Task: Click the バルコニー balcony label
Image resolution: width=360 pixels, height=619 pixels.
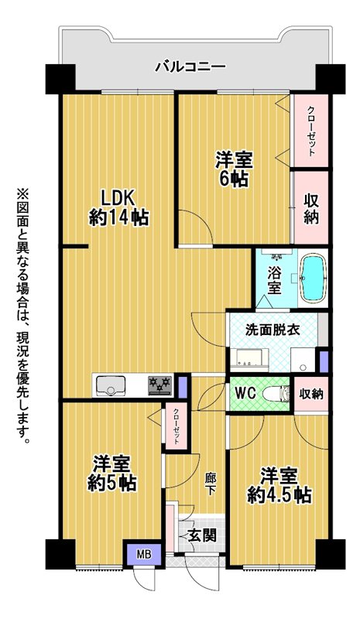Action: [190, 66]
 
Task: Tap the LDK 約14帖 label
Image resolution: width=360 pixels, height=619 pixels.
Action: [118, 207]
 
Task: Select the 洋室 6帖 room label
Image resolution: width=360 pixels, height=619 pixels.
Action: [234, 169]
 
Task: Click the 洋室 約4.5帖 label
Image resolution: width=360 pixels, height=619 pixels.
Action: [279, 486]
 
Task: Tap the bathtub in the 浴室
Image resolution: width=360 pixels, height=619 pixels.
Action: [314, 279]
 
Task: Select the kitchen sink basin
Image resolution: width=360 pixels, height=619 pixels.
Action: [111, 385]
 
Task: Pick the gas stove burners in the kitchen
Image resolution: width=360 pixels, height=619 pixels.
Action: [160, 385]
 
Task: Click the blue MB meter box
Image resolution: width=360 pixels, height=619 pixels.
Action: [144, 555]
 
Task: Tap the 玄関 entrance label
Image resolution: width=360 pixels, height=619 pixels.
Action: [202, 535]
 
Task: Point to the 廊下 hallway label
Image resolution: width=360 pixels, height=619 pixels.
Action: [210, 484]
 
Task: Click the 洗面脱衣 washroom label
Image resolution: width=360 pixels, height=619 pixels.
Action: [272, 330]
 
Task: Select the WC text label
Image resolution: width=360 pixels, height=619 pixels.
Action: [246, 393]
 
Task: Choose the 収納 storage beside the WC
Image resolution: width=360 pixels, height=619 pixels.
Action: [311, 394]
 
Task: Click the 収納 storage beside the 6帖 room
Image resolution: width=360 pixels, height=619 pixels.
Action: [312, 210]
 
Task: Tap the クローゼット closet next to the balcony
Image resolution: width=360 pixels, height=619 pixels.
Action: [311, 131]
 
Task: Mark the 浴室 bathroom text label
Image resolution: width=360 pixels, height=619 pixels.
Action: [275, 281]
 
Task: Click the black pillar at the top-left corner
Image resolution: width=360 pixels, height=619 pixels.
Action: [60, 79]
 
